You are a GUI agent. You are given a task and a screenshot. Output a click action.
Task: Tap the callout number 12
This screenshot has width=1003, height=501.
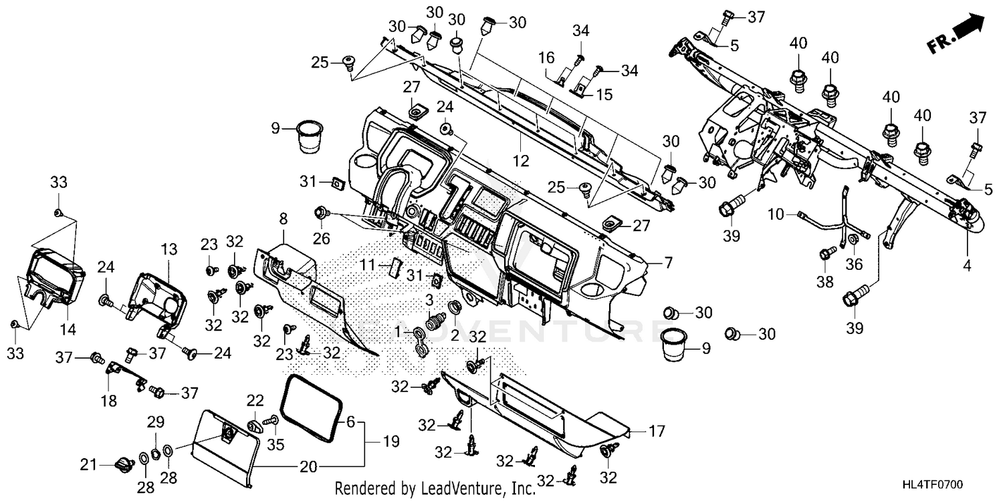click(521, 160)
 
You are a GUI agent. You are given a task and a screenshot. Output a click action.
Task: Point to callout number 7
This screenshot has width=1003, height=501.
click(668, 263)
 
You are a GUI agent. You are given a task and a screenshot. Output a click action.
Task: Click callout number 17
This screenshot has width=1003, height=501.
click(657, 432)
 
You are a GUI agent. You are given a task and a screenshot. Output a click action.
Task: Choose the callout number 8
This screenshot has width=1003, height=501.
click(283, 219)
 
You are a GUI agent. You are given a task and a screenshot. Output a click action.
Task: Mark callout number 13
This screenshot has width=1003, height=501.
click(169, 249)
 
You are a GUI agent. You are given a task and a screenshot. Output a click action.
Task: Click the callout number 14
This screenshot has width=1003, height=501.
click(68, 330)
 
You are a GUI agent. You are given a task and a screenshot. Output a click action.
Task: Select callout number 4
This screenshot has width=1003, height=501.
click(967, 266)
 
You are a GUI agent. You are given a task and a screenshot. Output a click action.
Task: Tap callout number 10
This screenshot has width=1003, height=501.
click(776, 214)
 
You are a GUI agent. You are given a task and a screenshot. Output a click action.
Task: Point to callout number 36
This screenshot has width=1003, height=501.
click(854, 265)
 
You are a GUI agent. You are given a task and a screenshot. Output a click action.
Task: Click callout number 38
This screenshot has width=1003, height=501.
click(825, 282)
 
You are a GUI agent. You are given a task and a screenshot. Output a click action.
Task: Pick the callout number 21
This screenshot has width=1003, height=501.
click(89, 465)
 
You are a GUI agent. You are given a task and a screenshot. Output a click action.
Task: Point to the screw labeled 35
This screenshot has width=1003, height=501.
click(271, 421)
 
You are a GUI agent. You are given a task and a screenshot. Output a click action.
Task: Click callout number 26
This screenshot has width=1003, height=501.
click(321, 238)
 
